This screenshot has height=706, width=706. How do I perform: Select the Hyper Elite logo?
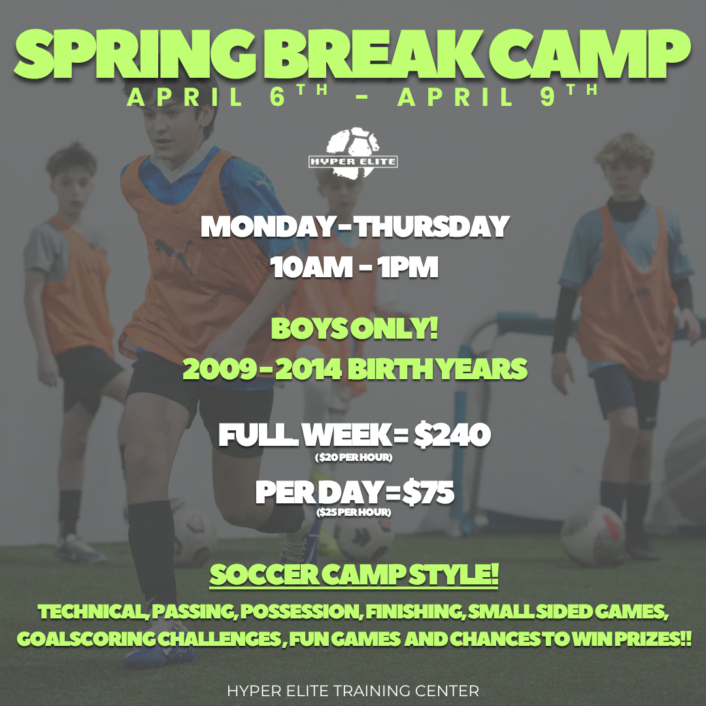click(353, 154)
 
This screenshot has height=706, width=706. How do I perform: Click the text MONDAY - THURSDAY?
click(354, 226)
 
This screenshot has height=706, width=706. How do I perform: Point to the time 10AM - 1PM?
click(354, 268)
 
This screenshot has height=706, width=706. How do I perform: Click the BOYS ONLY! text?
click(354, 329)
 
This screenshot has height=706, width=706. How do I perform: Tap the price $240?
click(452, 435)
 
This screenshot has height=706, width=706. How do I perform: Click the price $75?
click(428, 492)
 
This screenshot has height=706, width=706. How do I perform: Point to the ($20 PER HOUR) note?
click(354, 458)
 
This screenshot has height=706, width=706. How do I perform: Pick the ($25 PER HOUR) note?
click(354, 513)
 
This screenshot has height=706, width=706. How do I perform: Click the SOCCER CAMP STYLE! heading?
click(354, 576)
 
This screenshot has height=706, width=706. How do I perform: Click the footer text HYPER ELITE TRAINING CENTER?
click(353, 690)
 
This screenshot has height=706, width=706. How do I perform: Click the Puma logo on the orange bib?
click(174, 249)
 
